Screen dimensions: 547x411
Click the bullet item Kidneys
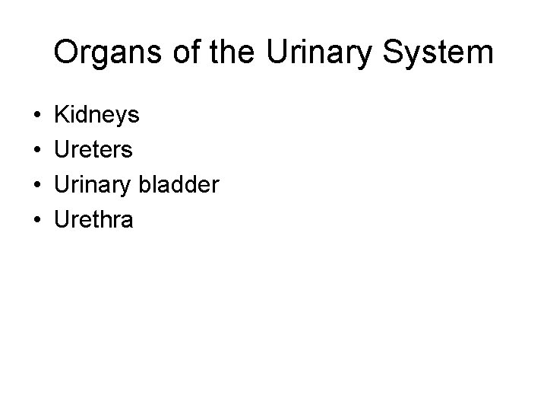[x=96, y=116]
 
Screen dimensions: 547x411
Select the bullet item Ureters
[x=93, y=150]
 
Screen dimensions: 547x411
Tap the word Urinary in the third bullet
[x=93, y=185]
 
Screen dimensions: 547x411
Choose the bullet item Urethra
[x=93, y=220]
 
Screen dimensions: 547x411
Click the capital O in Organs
[x=67, y=54]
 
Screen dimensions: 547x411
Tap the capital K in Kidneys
[x=62, y=116]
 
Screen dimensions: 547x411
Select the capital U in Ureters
[x=62, y=150]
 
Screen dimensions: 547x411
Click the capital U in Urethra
[x=62, y=220]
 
